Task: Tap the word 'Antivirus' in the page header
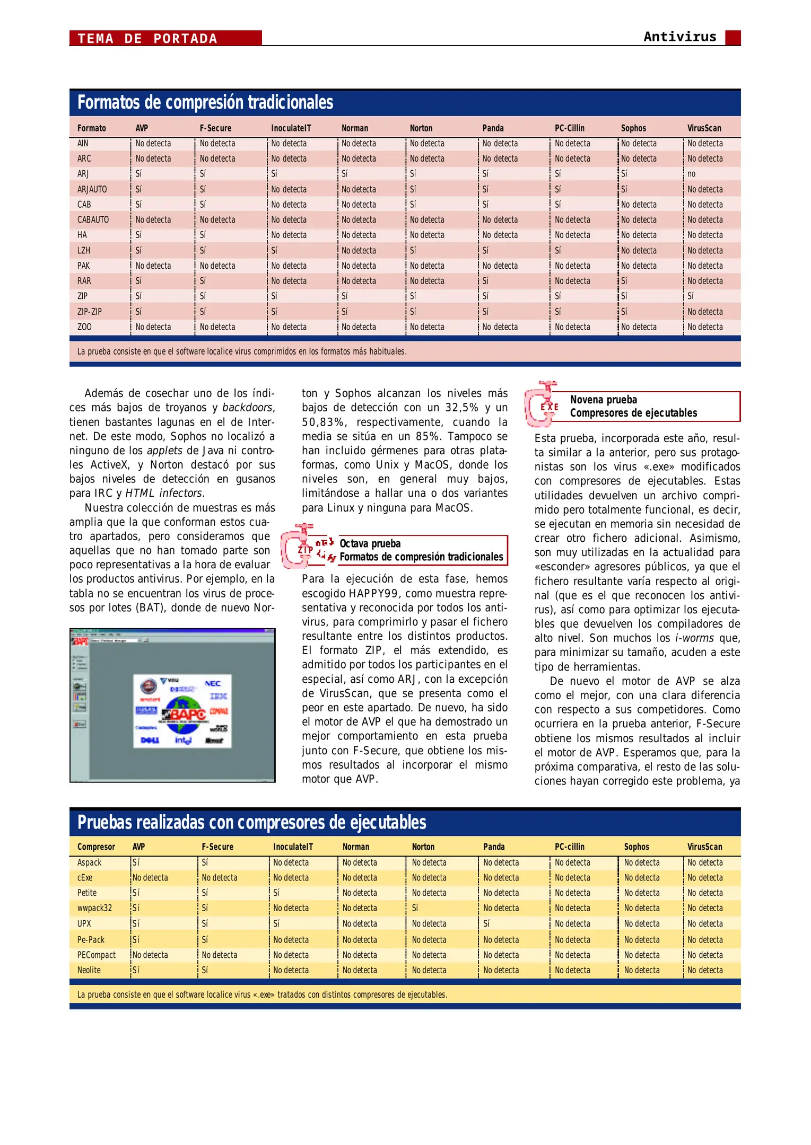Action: click(679, 37)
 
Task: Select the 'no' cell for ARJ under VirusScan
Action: click(691, 174)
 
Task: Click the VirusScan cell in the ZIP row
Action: click(690, 296)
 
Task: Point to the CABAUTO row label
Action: click(93, 219)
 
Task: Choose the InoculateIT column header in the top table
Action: click(291, 128)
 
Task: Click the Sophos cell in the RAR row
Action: click(624, 281)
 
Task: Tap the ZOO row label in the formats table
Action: click(84, 327)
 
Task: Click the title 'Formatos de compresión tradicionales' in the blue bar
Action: click(205, 102)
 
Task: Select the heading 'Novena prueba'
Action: click(604, 400)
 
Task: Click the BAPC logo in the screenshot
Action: click(187, 714)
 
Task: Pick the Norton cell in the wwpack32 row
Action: click(415, 908)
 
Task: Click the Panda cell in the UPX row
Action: click(486, 923)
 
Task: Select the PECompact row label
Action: click(96, 955)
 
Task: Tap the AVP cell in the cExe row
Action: click(150, 878)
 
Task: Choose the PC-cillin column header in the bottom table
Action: click(569, 847)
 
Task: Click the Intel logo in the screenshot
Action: click(183, 740)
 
